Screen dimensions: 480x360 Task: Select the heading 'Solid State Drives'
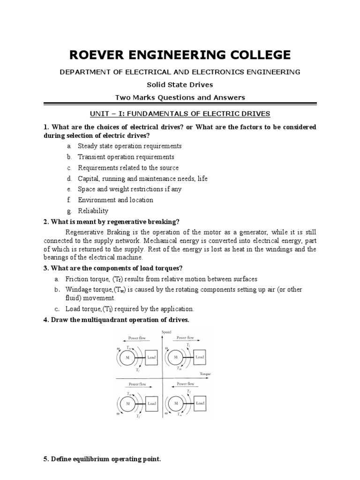coord(180,84)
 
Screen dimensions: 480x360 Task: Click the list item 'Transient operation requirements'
coord(126,157)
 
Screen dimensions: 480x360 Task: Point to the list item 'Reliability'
coord(93,211)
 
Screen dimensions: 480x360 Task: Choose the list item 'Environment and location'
coord(115,200)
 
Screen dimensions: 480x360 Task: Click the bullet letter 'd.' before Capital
coord(69,179)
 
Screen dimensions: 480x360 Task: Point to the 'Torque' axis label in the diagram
coord(205,374)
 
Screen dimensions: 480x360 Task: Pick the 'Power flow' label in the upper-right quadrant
coord(184,337)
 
